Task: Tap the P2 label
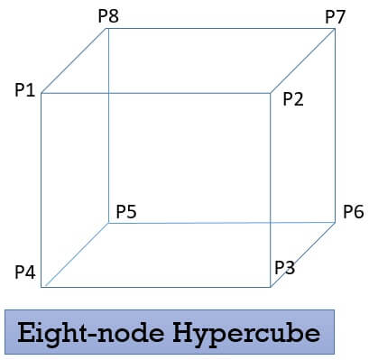(294, 99)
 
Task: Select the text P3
(285, 267)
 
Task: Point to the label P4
(25, 272)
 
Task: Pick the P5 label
(126, 213)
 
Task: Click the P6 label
(353, 213)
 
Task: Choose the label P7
(336, 15)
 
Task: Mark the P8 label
(107, 15)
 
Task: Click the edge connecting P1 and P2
(155, 93)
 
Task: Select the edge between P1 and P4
(42, 189)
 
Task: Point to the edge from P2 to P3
(271, 189)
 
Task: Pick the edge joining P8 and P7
(221, 28)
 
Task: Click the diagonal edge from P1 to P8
(75, 60)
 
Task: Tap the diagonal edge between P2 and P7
(303, 60)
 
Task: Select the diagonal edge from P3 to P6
(303, 255)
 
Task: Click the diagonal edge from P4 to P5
(75, 255)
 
